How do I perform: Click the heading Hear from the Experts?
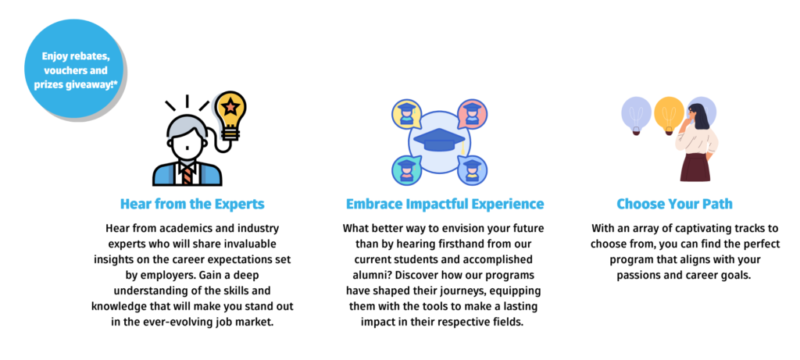(192, 205)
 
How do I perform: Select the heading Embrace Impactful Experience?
(445, 205)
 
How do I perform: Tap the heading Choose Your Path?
(674, 205)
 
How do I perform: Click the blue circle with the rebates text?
(74, 69)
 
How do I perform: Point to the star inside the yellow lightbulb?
(230, 106)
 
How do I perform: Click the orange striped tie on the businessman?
(187, 175)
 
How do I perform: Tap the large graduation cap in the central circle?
(439, 141)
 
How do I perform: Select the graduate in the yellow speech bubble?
(406, 114)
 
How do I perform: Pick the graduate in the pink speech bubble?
(473, 114)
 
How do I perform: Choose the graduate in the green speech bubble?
(406, 170)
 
